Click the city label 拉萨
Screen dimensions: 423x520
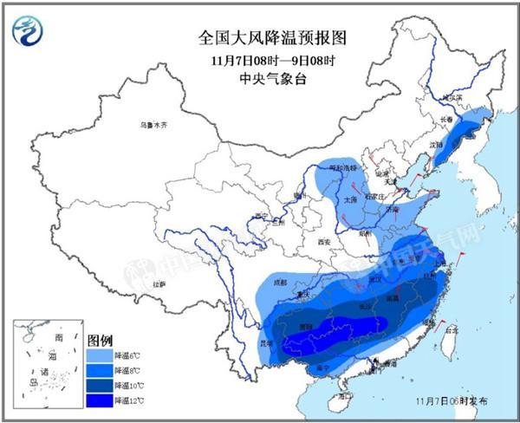tap(159, 283)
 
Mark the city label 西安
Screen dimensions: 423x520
tap(324, 241)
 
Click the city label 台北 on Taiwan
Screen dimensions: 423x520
tap(450, 330)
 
